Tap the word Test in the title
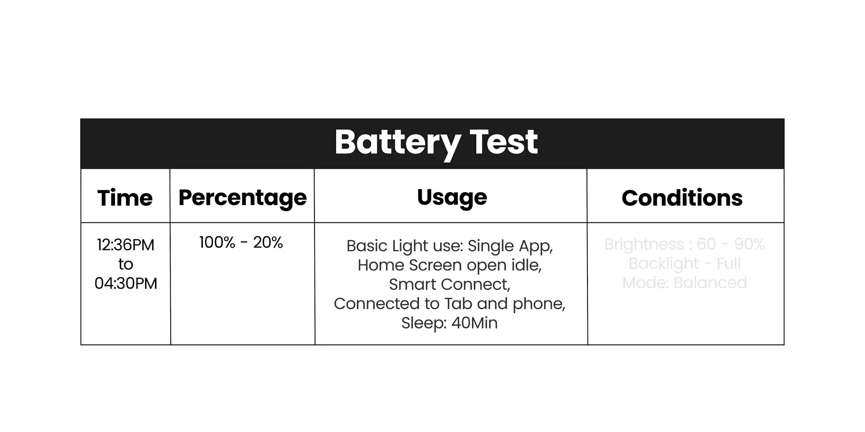(504, 142)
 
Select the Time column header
(125, 198)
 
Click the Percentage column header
(242, 198)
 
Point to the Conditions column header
(682, 198)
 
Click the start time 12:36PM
(126, 245)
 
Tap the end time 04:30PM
(126, 283)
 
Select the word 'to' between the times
(126, 264)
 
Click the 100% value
(217, 243)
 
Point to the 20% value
(268, 243)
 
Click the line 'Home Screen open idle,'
(450, 265)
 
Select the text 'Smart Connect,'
(450, 284)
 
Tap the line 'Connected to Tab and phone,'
(450, 304)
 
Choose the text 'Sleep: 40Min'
(450, 323)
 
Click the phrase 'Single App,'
(510, 246)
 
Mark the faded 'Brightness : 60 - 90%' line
(684, 244)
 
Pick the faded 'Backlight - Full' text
(684, 264)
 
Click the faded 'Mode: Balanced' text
(684, 283)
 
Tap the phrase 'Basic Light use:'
(405, 246)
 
